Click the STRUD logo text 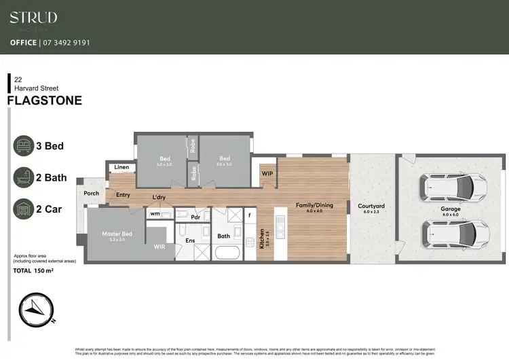[x=33, y=18]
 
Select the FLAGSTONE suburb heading [x=44, y=101]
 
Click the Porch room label [x=91, y=194]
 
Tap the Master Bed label [x=117, y=234]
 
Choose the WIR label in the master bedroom [x=160, y=247]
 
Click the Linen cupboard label [x=122, y=167]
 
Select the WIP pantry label [x=267, y=173]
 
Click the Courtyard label [x=371, y=206]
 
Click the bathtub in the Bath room [x=227, y=253]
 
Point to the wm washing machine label [x=155, y=214]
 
